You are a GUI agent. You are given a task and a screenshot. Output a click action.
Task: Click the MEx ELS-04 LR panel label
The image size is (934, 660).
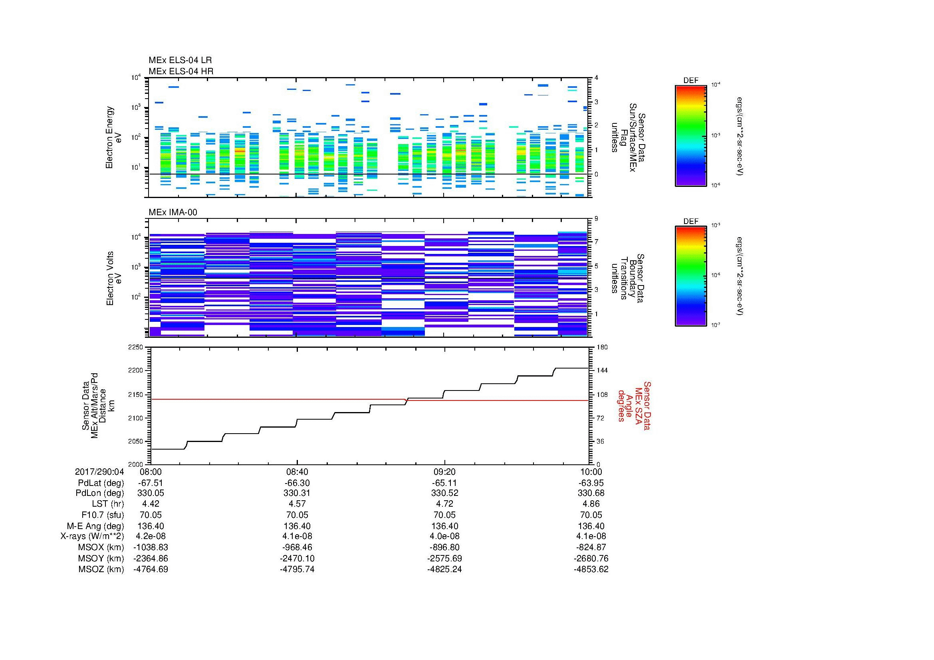pyautogui.click(x=180, y=60)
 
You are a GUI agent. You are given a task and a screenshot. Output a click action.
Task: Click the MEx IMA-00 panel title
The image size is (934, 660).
pyautogui.click(x=173, y=212)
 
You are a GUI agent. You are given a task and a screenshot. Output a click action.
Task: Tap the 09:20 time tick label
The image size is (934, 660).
pyautogui.click(x=444, y=472)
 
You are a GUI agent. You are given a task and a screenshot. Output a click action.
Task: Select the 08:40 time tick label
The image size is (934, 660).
pyautogui.click(x=297, y=472)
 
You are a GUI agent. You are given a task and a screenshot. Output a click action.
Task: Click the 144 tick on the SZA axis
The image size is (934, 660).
pyautogui.click(x=602, y=371)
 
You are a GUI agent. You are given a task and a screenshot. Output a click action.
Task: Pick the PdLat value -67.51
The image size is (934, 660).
pyautogui.click(x=151, y=483)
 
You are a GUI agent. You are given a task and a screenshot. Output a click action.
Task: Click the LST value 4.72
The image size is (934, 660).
pyautogui.click(x=444, y=504)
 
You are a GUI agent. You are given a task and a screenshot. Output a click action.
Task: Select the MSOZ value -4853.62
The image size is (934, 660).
pyautogui.click(x=591, y=569)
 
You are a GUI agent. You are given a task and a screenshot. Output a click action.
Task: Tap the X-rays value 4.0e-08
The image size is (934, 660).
pyautogui.click(x=444, y=536)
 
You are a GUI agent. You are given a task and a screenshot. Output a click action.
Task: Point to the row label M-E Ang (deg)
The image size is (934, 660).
pyautogui.click(x=95, y=526)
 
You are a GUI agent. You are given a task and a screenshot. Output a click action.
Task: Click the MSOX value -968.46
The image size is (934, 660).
pyautogui.click(x=297, y=547)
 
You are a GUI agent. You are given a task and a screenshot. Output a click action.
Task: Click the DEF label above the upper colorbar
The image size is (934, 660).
pyautogui.click(x=690, y=81)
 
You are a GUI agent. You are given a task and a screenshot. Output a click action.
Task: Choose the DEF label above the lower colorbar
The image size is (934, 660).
pyautogui.click(x=690, y=222)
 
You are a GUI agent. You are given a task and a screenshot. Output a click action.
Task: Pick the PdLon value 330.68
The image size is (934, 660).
pyautogui.click(x=591, y=493)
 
